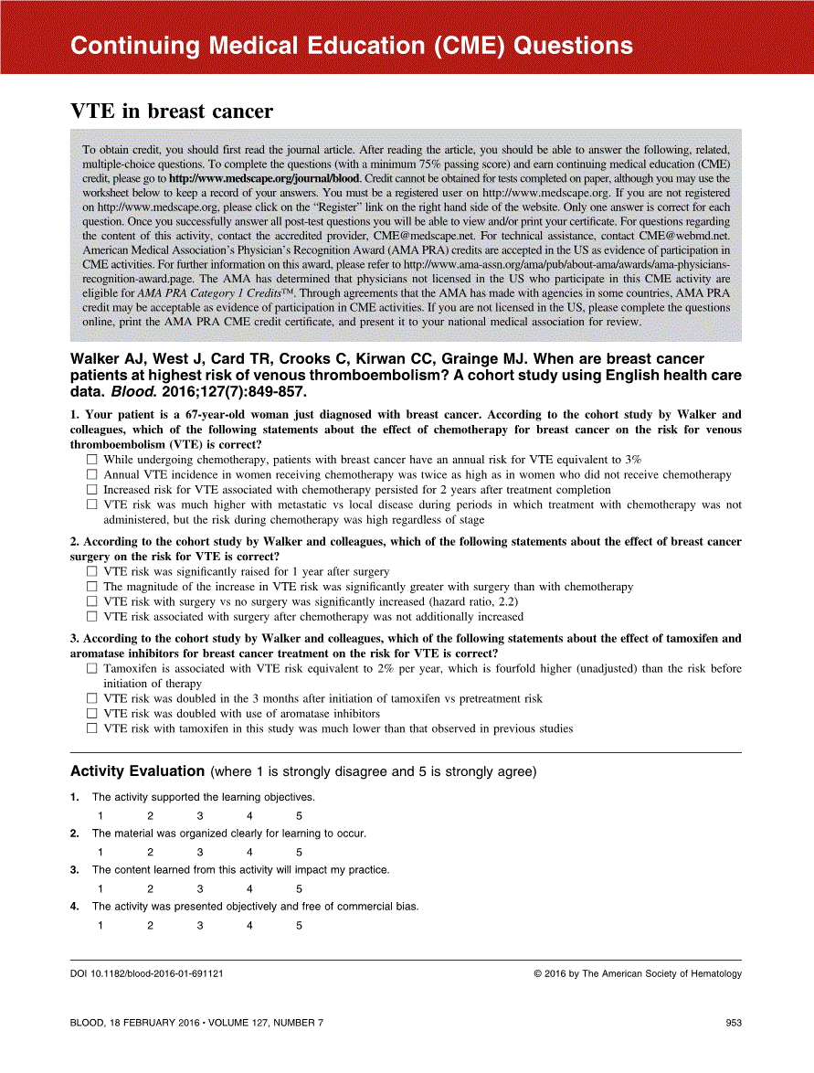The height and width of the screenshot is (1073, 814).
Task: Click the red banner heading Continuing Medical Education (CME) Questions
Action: [x=351, y=46]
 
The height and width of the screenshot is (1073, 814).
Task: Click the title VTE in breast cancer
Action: [x=172, y=112]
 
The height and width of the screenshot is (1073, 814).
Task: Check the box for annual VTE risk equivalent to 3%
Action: [x=91, y=460]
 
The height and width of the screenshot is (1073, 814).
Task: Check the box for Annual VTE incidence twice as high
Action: [x=91, y=475]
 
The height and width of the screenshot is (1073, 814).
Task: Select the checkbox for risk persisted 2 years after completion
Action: [x=91, y=490]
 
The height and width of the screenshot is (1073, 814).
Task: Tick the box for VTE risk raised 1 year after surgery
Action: [x=91, y=572]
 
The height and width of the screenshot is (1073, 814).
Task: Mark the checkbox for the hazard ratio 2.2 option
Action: [x=91, y=601]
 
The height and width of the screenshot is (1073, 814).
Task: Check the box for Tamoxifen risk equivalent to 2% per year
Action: [x=91, y=669]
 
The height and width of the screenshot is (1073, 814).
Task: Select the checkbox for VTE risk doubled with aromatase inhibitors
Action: [x=91, y=713]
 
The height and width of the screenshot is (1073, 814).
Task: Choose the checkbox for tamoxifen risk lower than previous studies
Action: [x=91, y=728]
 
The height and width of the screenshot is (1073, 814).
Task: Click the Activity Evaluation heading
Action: [x=137, y=771]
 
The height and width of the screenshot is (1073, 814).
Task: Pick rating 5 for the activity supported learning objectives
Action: [x=299, y=816]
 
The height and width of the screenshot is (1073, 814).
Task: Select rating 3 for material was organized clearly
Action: [x=199, y=853]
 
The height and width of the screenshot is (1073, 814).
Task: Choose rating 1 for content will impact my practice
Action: [x=100, y=889]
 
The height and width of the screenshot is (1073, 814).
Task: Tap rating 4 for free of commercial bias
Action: [x=249, y=926]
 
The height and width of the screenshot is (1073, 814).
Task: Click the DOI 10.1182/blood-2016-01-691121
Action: [x=147, y=974]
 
